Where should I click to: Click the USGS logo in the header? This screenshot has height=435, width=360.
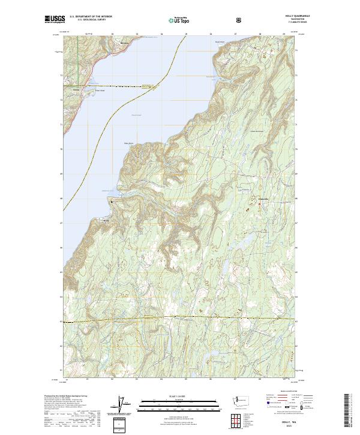point(55,20)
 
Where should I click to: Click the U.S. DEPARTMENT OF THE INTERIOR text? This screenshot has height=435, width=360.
point(91,17)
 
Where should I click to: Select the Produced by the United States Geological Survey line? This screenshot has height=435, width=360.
point(67,396)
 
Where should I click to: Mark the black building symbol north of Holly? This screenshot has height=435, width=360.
point(112,202)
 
